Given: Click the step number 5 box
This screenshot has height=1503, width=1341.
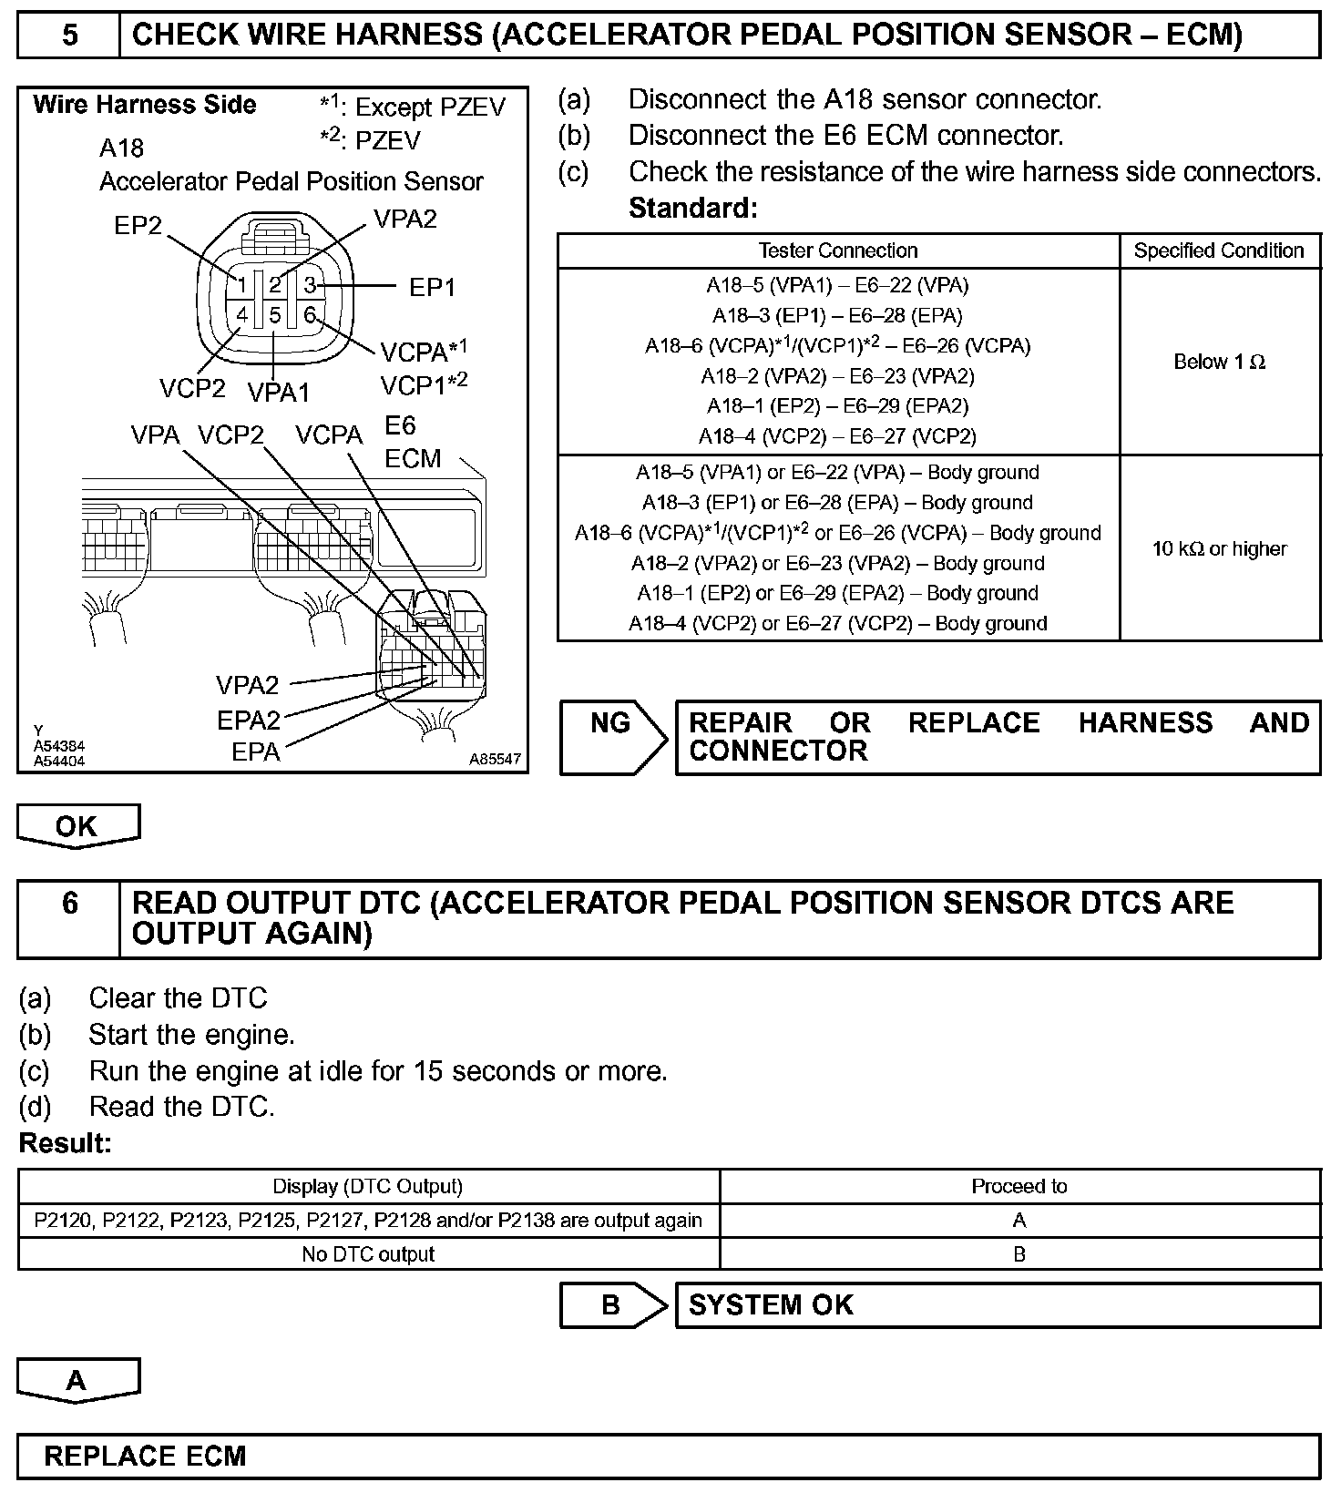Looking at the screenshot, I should [x=69, y=36].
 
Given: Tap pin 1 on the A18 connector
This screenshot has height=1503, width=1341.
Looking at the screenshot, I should [x=241, y=285].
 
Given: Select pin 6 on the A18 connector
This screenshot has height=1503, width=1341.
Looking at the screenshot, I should [x=310, y=315].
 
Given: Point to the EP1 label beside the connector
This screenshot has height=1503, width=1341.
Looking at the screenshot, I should [x=432, y=287].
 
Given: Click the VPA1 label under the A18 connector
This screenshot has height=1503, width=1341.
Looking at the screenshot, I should [x=279, y=393].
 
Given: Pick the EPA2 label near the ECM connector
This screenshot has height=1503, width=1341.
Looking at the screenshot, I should [x=248, y=721].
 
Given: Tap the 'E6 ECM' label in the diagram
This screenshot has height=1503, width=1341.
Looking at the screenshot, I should [x=413, y=442].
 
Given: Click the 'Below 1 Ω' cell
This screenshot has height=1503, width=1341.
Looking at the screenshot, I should [x=1219, y=362].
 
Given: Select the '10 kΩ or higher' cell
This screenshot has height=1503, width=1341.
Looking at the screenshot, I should [x=1219, y=548].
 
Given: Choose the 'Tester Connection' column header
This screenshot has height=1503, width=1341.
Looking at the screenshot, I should [x=838, y=250].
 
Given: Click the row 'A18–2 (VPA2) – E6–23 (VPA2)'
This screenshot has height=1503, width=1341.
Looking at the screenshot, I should [x=838, y=376].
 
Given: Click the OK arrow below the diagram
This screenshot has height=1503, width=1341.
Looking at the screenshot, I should [x=77, y=825].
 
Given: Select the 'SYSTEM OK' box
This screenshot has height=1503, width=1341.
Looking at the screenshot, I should [x=998, y=1305].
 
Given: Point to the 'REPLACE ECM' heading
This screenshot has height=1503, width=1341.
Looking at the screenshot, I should [x=146, y=1456].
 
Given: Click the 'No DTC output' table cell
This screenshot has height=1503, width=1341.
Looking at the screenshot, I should [x=368, y=1254].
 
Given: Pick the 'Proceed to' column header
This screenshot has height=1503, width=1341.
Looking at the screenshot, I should [x=1019, y=1186].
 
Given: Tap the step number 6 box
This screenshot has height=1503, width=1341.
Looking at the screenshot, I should [x=69, y=918].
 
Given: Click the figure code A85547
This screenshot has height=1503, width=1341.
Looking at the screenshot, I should [x=496, y=758].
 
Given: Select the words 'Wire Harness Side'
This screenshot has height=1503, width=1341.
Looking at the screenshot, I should [x=145, y=105].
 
